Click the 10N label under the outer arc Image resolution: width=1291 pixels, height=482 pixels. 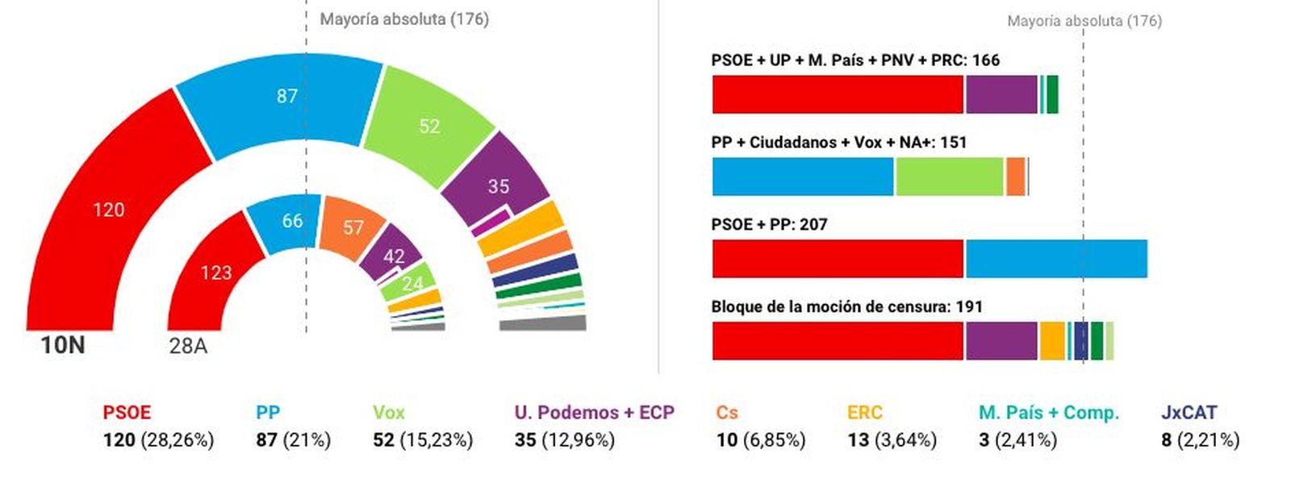[x=63, y=345]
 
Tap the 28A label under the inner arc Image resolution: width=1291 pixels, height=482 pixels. [x=188, y=346]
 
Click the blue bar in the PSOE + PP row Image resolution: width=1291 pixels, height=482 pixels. [x=1055, y=259]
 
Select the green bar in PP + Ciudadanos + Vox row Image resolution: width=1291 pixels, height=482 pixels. [x=948, y=177]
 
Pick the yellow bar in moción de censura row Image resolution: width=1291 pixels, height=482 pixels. [x=1051, y=341]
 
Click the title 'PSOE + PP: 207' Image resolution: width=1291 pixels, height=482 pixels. [x=769, y=224]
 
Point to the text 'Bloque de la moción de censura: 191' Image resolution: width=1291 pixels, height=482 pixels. [x=846, y=306]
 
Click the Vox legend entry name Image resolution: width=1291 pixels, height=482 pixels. [x=388, y=412]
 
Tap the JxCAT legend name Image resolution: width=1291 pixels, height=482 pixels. [x=1189, y=412]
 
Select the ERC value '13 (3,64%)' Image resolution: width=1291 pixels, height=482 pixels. [x=892, y=440]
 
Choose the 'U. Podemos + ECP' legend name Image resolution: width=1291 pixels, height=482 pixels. [x=594, y=412]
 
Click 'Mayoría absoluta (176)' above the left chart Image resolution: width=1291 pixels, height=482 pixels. [x=404, y=19]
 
